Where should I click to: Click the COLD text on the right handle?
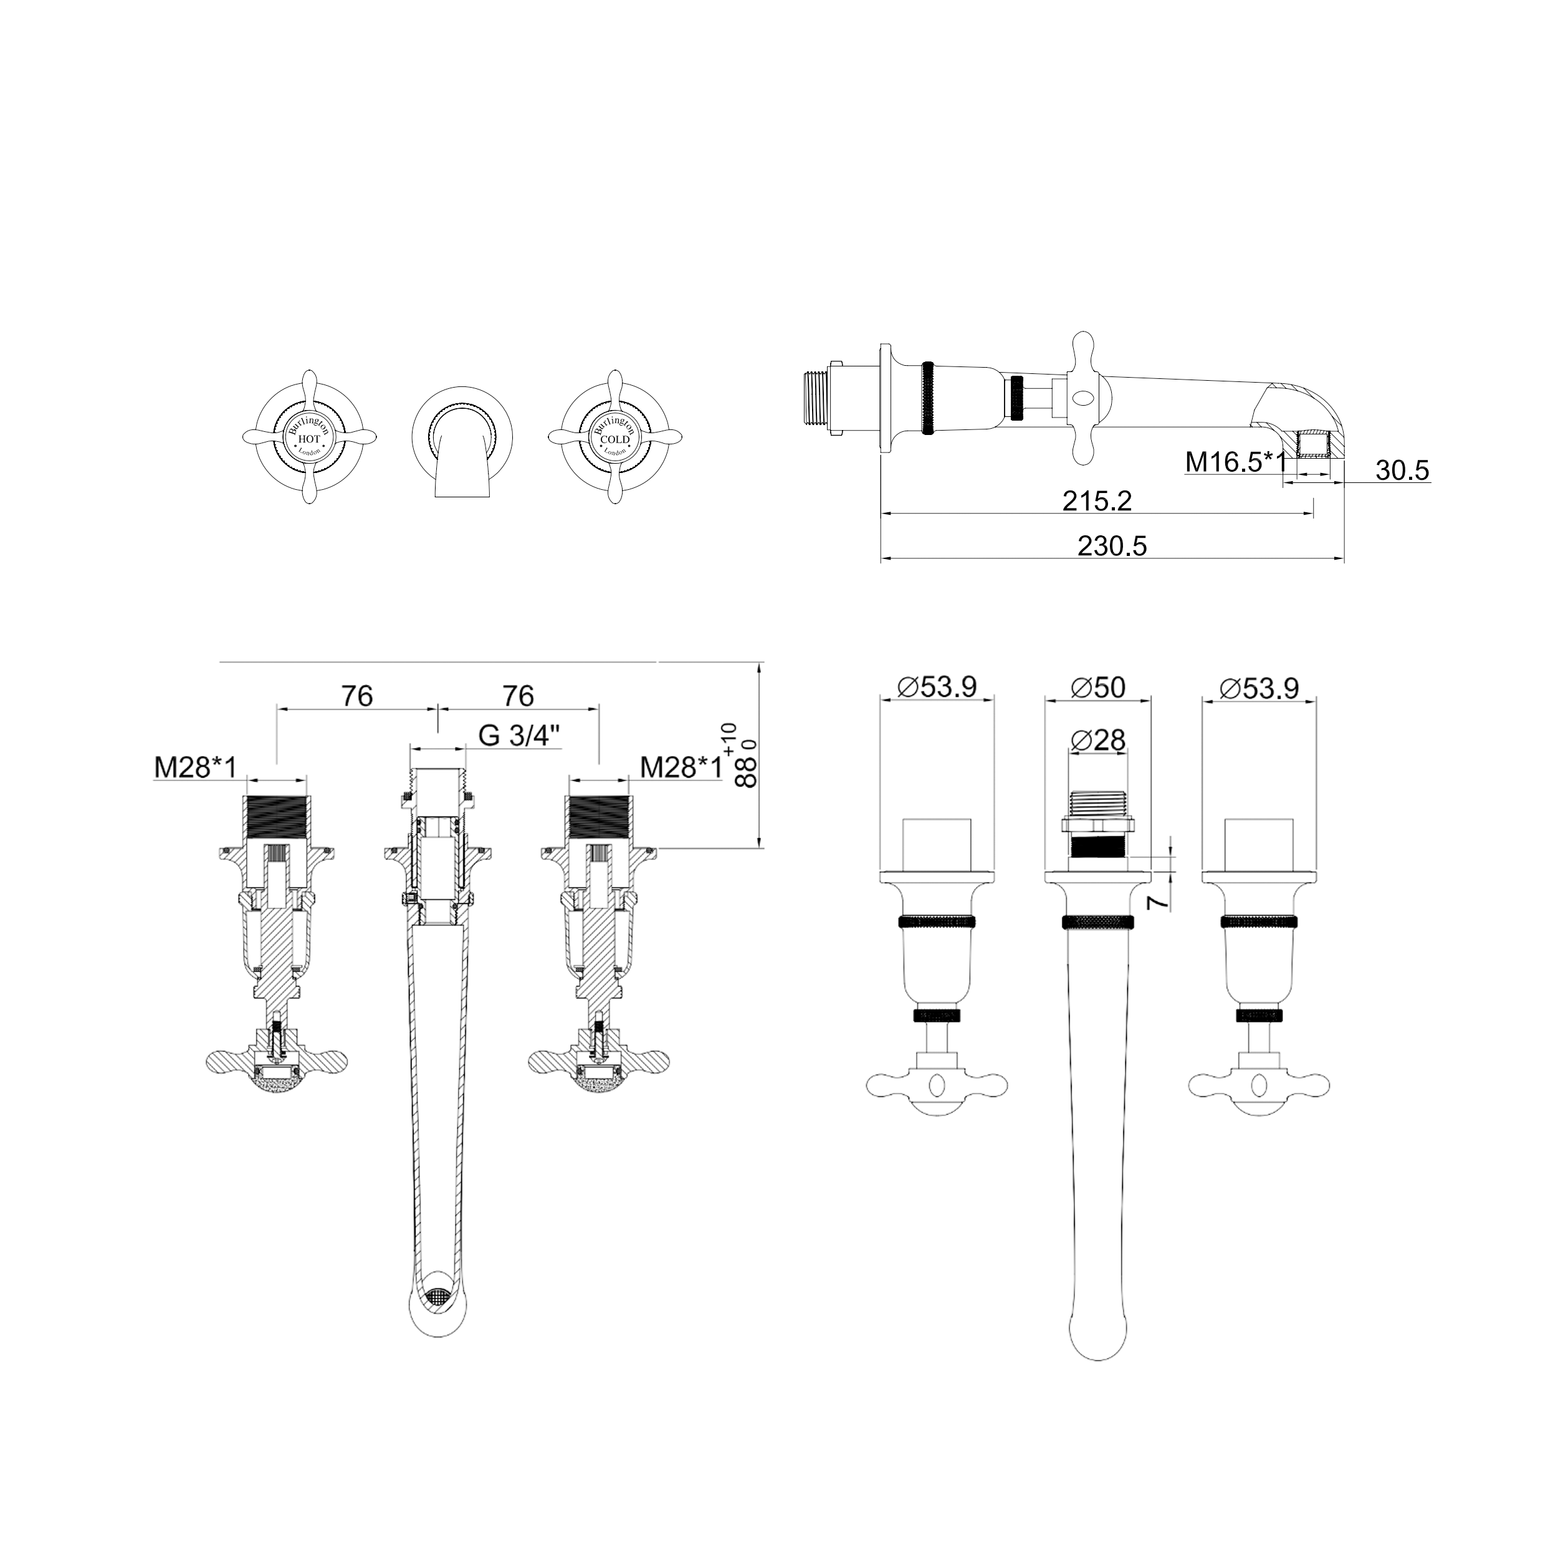point(614,439)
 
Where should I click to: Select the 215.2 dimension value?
point(1097,502)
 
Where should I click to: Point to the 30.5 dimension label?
point(1402,470)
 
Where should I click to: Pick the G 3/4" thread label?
point(519,735)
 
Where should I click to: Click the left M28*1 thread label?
point(195,767)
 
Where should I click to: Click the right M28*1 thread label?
point(681,767)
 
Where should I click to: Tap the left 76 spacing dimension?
point(356,695)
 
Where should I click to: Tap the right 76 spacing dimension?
point(518,695)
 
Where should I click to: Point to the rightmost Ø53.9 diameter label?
point(1259,687)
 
